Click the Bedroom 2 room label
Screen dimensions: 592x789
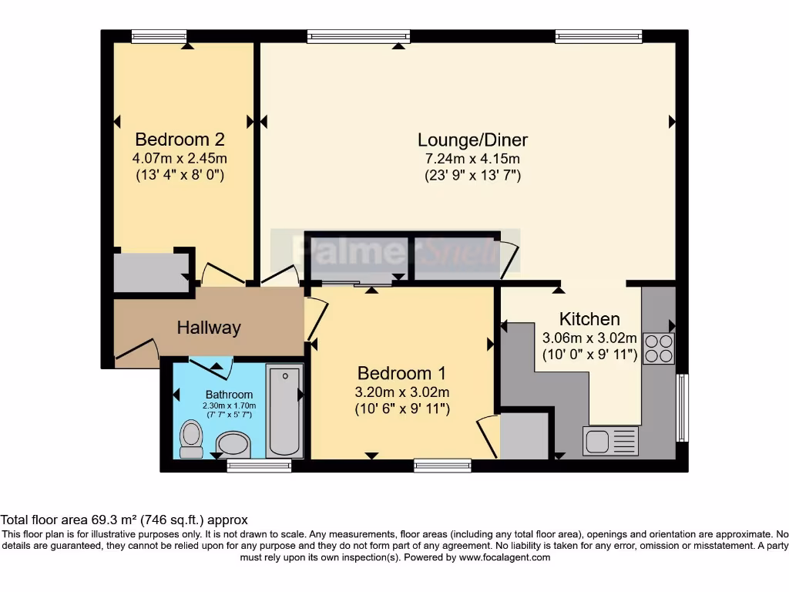pyautogui.click(x=180, y=140)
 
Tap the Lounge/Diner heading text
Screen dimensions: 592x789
pyautogui.click(x=472, y=140)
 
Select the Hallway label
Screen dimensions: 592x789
pyautogui.click(x=209, y=328)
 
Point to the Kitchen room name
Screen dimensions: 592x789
pyautogui.click(x=589, y=319)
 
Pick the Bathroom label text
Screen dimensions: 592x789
pyautogui.click(x=229, y=395)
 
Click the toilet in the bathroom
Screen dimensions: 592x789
pyautogui.click(x=190, y=437)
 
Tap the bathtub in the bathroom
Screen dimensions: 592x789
pyautogui.click(x=284, y=410)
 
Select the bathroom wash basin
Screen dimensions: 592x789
pyautogui.click(x=233, y=445)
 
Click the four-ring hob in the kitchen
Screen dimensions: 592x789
pyautogui.click(x=657, y=348)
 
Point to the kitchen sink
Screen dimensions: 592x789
pyautogui.click(x=611, y=441)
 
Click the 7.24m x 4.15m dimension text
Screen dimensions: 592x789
pyautogui.click(x=472, y=159)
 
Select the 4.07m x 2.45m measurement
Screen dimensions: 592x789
pyautogui.click(x=180, y=159)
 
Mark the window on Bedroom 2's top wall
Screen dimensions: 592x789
pyautogui.click(x=159, y=36)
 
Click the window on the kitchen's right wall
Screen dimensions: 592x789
pyautogui.click(x=681, y=408)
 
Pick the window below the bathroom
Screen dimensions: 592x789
pyautogui.click(x=259, y=466)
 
